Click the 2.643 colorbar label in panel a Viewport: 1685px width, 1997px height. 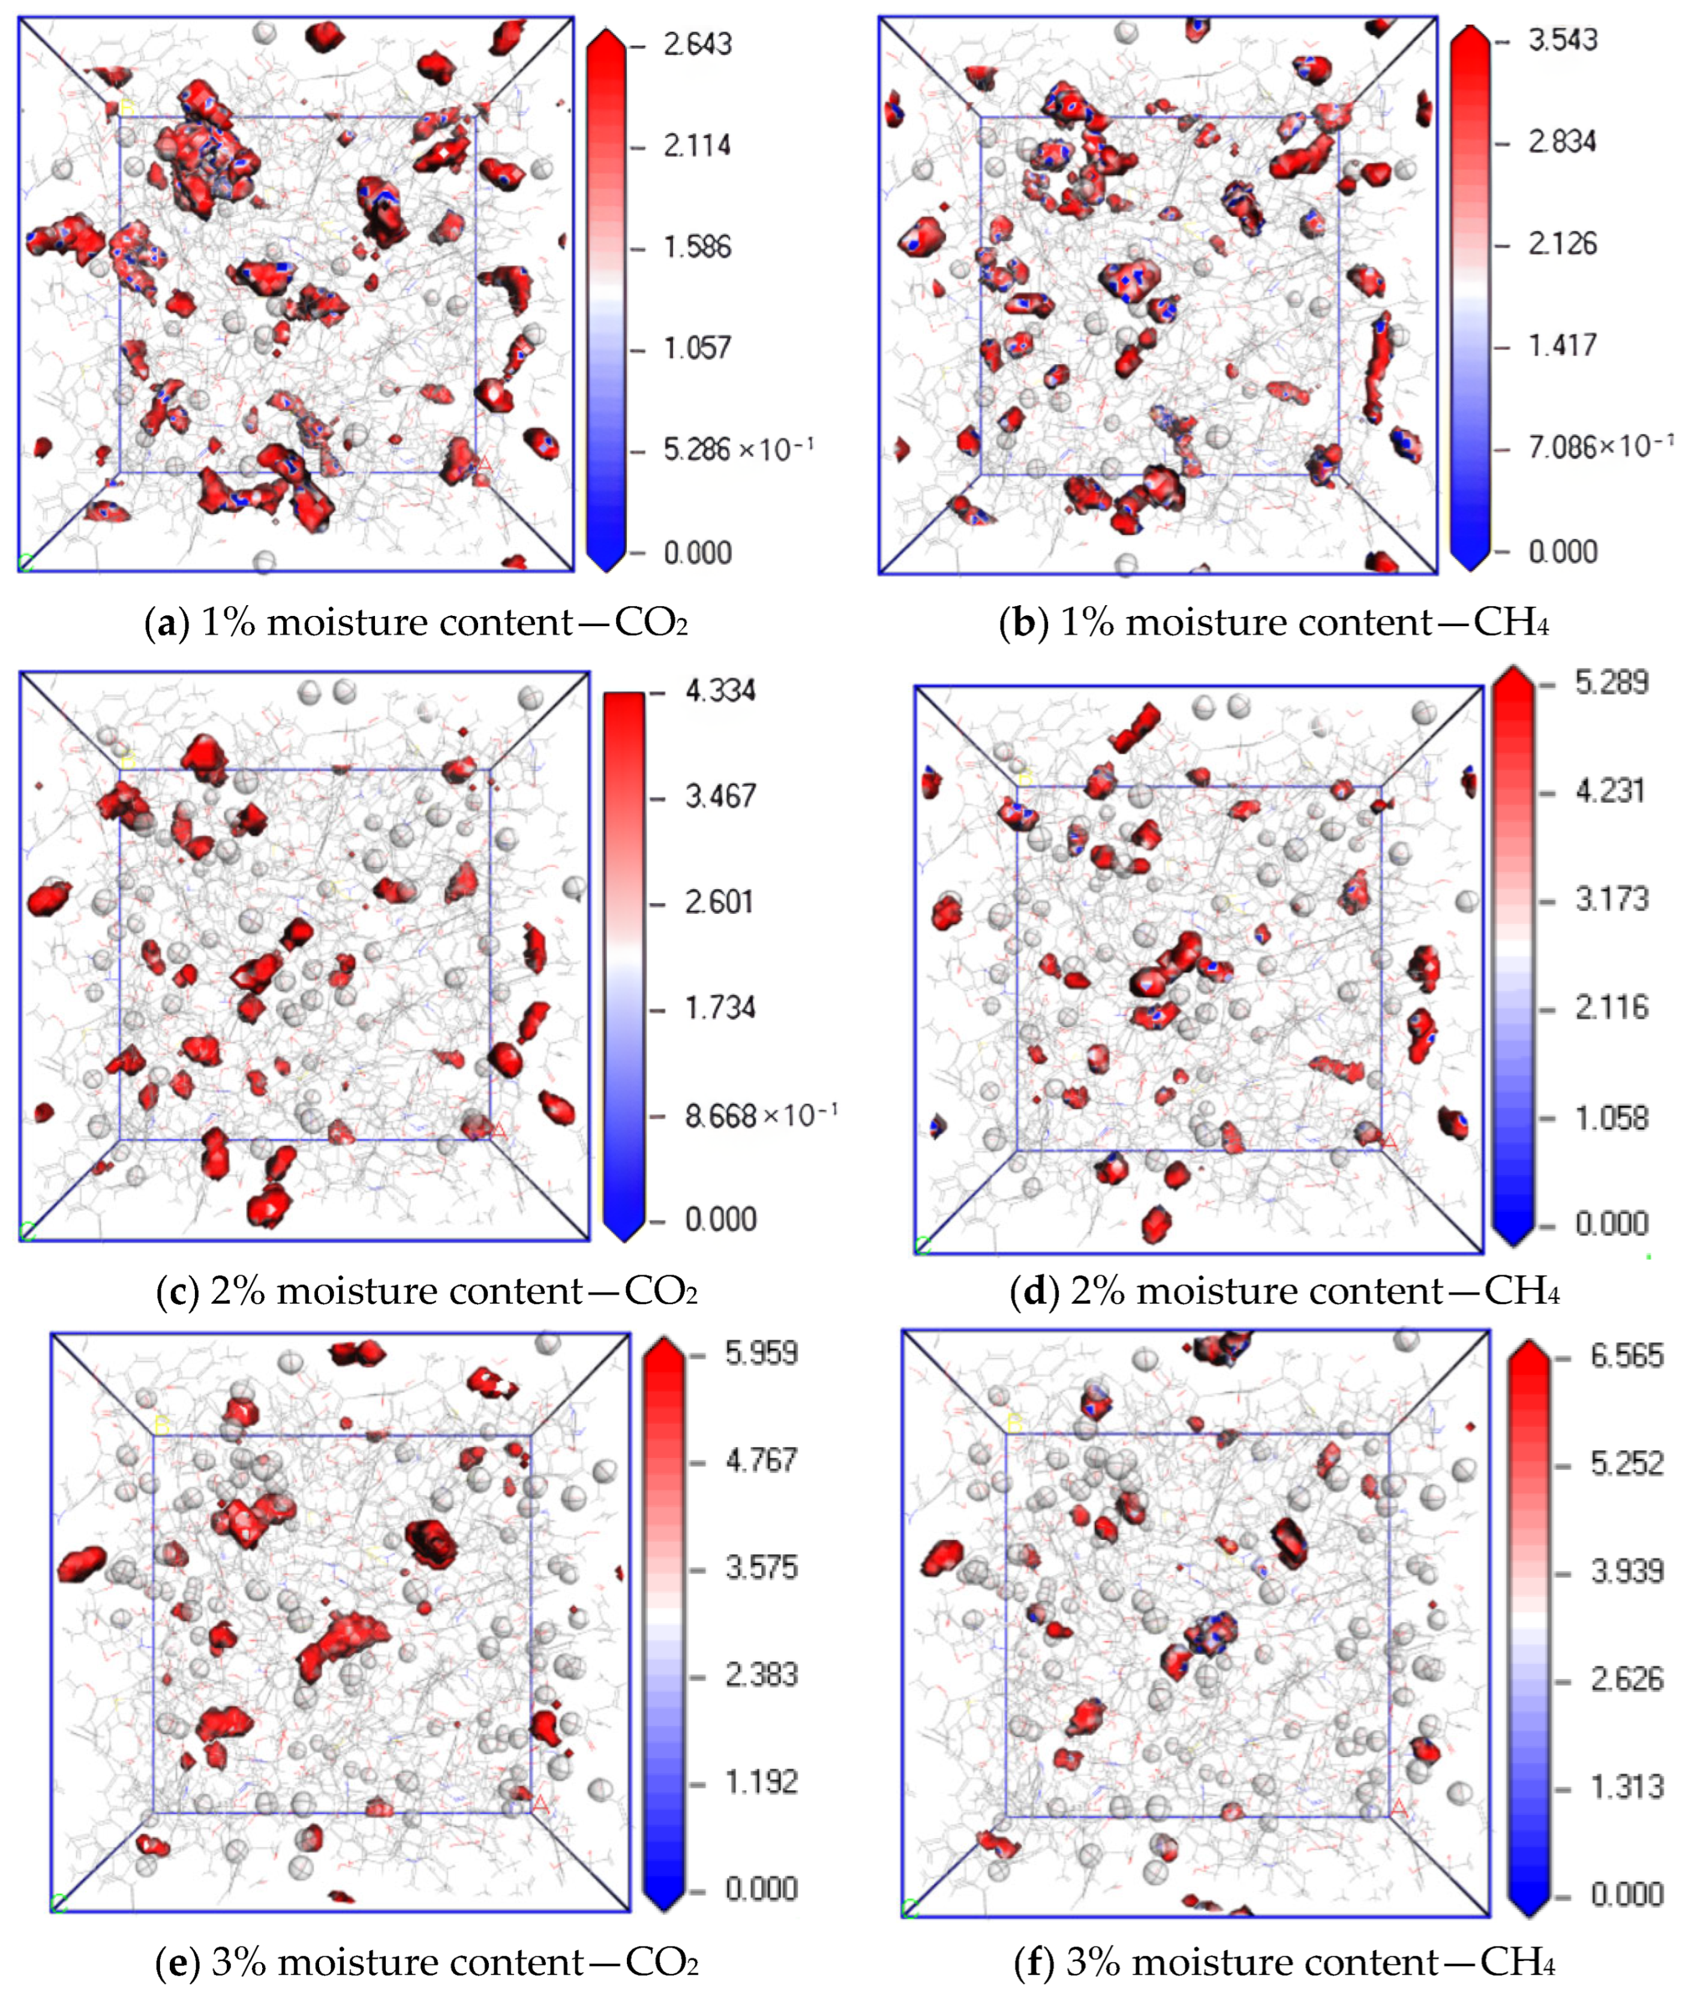(x=697, y=44)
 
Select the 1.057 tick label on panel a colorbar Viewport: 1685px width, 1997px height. (x=697, y=348)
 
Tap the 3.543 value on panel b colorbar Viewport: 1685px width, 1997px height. (x=1563, y=40)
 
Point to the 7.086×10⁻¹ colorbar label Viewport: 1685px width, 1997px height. (x=1600, y=446)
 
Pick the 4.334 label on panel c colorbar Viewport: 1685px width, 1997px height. (x=720, y=690)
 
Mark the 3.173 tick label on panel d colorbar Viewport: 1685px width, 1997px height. (x=1611, y=899)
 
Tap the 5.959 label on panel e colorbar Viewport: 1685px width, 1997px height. (x=761, y=1354)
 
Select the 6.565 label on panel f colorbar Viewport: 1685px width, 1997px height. (x=1627, y=1355)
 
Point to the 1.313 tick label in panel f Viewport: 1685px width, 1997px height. (x=1627, y=1786)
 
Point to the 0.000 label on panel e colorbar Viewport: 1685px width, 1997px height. (x=761, y=1888)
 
